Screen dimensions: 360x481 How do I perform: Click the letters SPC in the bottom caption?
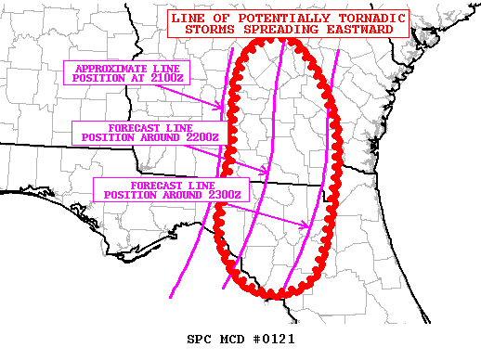tap(201, 339)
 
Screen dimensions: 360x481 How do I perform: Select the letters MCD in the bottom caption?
tap(233, 339)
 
